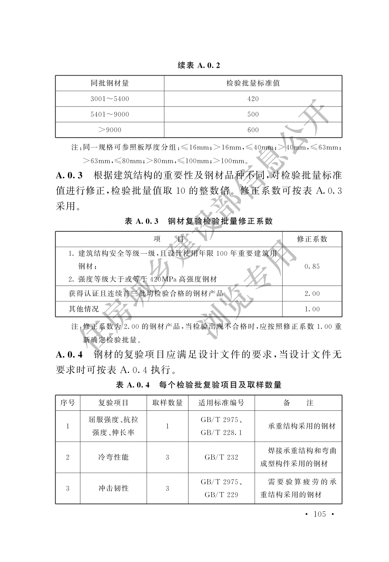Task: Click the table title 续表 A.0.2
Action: tap(199, 66)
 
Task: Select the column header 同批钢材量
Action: tap(110, 83)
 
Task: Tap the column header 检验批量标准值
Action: tap(253, 83)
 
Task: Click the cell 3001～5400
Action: tap(110, 99)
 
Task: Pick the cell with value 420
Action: tap(253, 99)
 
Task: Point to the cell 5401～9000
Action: tap(110, 114)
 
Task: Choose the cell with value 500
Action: tap(253, 114)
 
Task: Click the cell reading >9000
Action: tap(110, 130)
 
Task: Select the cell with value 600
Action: tap(253, 130)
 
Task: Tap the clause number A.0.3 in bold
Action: tap(69, 175)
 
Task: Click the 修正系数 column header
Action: tap(312, 239)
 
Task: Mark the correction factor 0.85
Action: tap(312, 266)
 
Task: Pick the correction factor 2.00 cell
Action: tap(312, 294)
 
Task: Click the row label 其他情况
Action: tap(84, 309)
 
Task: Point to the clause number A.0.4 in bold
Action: tap(69, 355)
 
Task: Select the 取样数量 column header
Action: tap(167, 403)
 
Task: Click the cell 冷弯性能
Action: tap(113, 457)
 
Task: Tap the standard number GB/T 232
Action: tap(221, 457)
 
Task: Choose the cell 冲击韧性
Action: tap(113, 488)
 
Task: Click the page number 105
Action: tap(319, 514)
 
